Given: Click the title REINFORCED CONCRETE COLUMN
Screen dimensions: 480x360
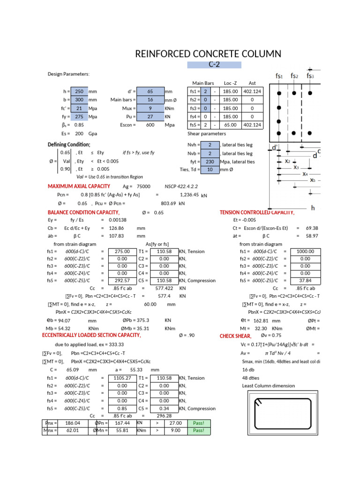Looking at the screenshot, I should pyautogui.click(x=208, y=53).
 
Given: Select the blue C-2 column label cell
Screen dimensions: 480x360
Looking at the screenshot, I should pyautogui.click(x=214, y=65).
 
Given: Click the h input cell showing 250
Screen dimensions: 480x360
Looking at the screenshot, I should pyautogui.click(x=79, y=92).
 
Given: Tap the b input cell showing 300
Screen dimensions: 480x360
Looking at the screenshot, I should pyautogui.click(x=79, y=100).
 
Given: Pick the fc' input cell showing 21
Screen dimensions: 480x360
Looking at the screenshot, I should pyautogui.click(x=79, y=108).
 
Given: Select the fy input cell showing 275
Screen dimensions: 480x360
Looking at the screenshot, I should pyautogui.click(x=79, y=117).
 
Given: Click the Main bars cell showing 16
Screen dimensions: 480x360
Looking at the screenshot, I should pyautogui.click(x=150, y=100).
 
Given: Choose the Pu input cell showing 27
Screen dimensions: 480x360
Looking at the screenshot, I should pyautogui.click(x=150, y=117).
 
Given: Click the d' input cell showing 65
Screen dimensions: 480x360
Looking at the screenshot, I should pyautogui.click(x=150, y=92).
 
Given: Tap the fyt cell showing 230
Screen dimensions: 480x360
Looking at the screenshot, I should pyautogui.click(x=210, y=162).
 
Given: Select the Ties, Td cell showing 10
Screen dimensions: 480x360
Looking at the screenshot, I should pyautogui.click(x=210, y=170).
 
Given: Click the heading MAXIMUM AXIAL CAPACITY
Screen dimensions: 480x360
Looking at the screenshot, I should pyautogui.click(x=79, y=186).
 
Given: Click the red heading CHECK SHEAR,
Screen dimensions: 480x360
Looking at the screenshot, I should pyautogui.click(x=236, y=336).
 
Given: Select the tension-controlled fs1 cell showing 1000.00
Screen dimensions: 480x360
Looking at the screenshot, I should pyautogui.click(x=305, y=251).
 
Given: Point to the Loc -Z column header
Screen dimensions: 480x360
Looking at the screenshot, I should pyautogui.click(x=231, y=83).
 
